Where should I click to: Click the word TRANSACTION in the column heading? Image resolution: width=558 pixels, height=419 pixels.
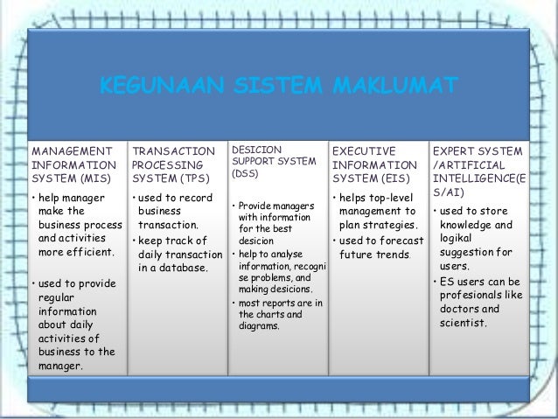[173, 151]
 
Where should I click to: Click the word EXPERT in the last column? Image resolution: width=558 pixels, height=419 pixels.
[457, 151]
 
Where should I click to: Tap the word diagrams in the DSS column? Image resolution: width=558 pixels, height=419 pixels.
[259, 326]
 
